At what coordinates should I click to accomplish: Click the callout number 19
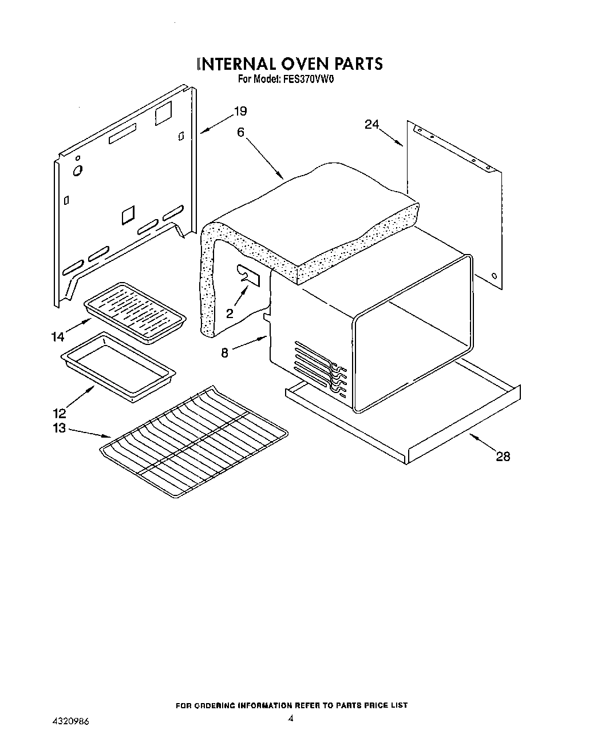240,111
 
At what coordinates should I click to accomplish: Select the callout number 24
372,124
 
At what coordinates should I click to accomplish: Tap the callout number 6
240,132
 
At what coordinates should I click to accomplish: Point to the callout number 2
230,313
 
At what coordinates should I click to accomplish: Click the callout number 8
225,353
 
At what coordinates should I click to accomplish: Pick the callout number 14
58,337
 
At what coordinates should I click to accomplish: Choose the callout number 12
60,414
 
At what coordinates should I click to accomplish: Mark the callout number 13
60,428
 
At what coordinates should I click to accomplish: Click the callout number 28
503,457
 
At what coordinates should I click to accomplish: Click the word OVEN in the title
301,63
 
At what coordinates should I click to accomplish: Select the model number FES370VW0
308,80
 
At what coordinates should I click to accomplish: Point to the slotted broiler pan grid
135,312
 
